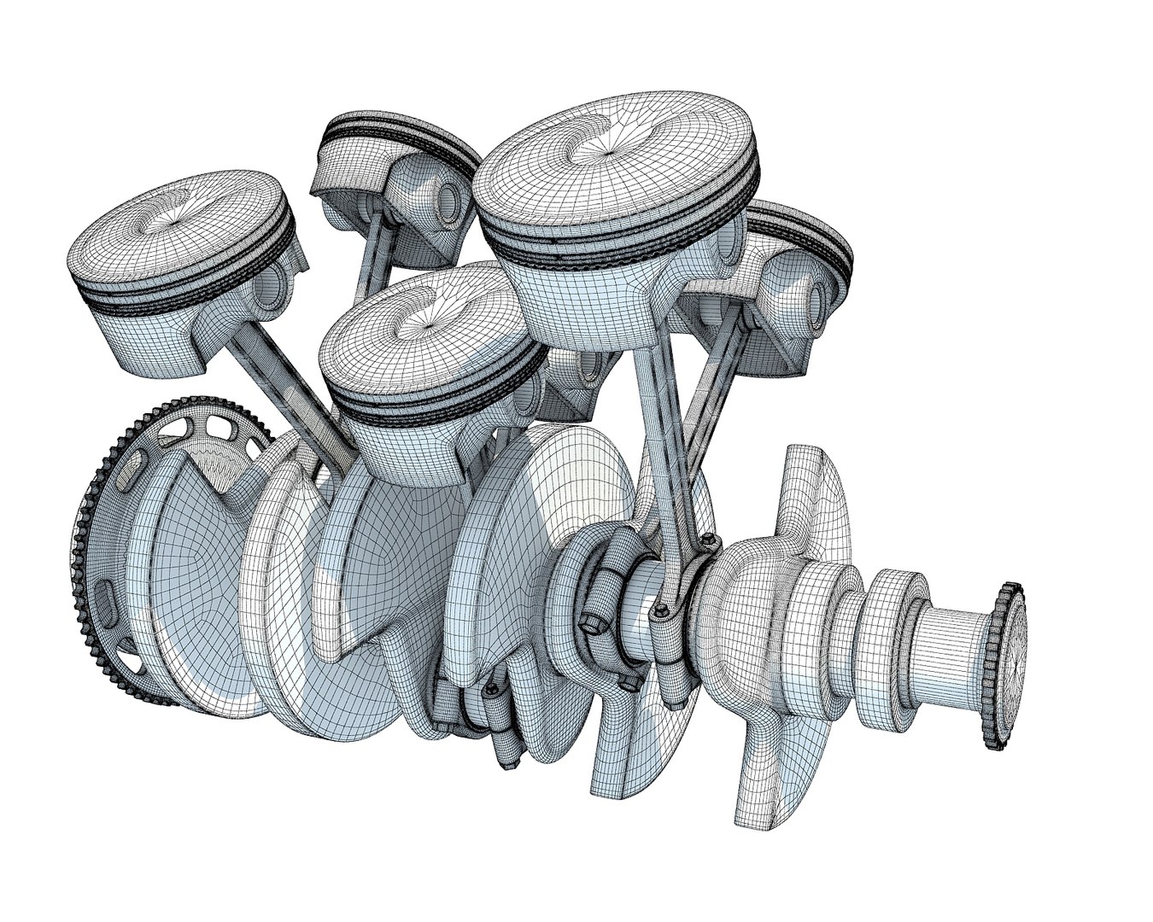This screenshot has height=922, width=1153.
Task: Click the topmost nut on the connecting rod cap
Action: click(x=708, y=540)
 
